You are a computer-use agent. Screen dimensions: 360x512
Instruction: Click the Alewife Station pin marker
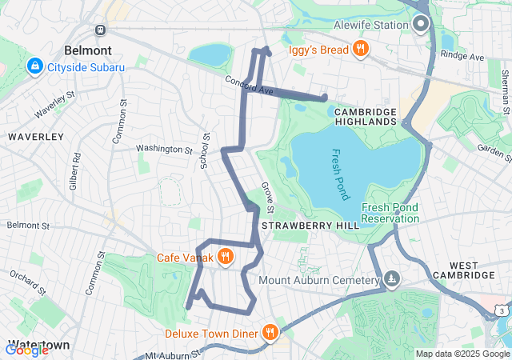(422, 24)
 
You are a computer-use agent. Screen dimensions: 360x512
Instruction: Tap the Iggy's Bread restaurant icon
(361, 50)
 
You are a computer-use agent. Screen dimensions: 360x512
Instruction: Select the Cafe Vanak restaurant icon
(226, 256)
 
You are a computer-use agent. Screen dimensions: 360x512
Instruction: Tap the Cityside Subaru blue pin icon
(35, 66)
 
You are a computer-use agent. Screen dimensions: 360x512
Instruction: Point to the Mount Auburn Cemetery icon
(392, 279)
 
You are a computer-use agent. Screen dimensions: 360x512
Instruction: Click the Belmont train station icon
(99, 30)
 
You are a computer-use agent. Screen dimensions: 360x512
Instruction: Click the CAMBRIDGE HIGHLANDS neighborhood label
(366, 116)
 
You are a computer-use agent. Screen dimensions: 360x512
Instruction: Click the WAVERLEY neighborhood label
(35, 137)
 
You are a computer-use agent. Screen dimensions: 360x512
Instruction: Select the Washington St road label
(164, 149)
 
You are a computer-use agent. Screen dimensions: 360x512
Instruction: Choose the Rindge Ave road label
(466, 58)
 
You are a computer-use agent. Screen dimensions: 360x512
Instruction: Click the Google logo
(26, 350)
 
